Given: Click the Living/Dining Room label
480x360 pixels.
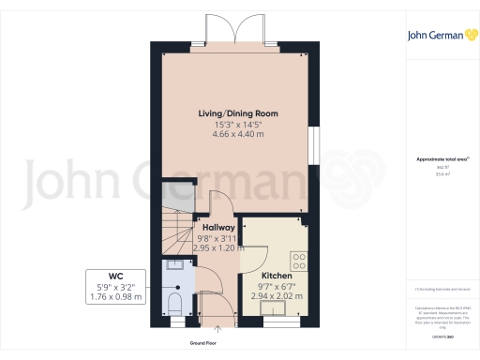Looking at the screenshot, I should pos(237,113).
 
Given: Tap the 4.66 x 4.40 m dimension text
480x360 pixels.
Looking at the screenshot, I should pos(237,135).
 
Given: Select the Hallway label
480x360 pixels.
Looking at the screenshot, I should pos(218,228).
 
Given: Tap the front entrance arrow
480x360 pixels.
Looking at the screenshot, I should pos(218,328).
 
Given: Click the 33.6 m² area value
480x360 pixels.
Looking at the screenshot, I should pos(441,174).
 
